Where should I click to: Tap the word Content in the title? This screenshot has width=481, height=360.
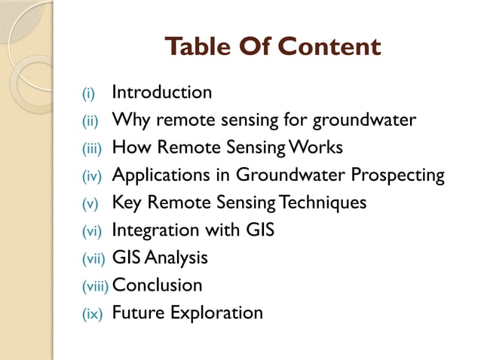[329, 47]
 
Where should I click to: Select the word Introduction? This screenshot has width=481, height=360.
[161, 93]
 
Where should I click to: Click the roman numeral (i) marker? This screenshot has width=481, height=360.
[89, 94]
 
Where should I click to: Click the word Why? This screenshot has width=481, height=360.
[127, 121]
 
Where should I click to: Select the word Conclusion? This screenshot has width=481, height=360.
[157, 285]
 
